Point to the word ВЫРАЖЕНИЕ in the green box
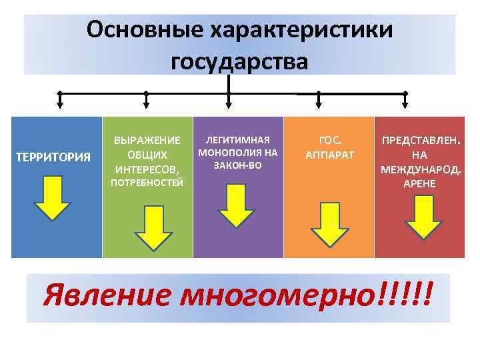[147, 141]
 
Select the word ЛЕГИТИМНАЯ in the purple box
[237, 140]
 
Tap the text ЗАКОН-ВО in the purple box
[237, 164]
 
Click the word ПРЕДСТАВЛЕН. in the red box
[420, 141]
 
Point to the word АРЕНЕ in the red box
[419, 183]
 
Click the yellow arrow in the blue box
[51, 197]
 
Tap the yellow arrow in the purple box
[236, 206]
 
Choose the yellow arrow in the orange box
[329, 223]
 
